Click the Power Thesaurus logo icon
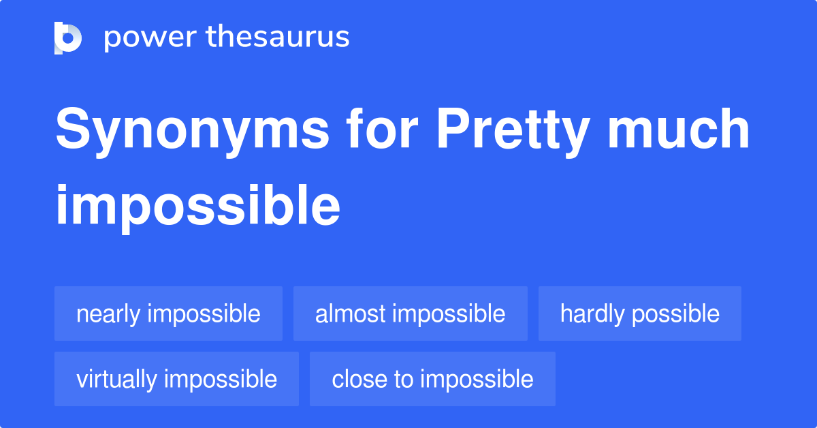coord(68,38)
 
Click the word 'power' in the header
coord(150,38)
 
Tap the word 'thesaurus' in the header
coord(278,36)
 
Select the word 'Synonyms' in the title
coord(193,132)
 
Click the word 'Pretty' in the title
coord(513,132)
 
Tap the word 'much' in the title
coord(678,128)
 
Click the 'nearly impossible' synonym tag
coord(169,314)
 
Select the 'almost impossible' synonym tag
coord(411,314)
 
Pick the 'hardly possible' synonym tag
coord(640,314)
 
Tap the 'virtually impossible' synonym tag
coord(176,379)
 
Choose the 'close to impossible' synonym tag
coord(432,379)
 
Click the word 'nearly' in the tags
coord(108,315)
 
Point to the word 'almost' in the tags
coord(351,314)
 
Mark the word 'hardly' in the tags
coord(593,315)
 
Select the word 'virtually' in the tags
coord(116,380)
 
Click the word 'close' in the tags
coord(359,379)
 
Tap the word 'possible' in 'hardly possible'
coord(676,315)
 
